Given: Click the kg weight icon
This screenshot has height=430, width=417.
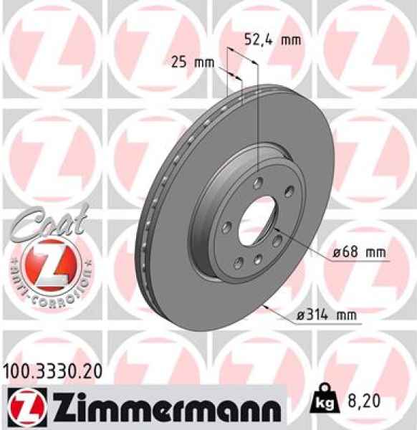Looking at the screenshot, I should click(322, 404).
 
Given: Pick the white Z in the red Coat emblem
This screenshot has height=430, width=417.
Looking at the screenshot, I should click(44, 262).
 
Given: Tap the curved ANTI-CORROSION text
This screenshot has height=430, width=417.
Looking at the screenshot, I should click(44, 285).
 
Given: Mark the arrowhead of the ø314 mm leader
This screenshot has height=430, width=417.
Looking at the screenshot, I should click(267, 307).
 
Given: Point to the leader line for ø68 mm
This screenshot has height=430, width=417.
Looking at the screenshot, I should click(301, 242).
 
